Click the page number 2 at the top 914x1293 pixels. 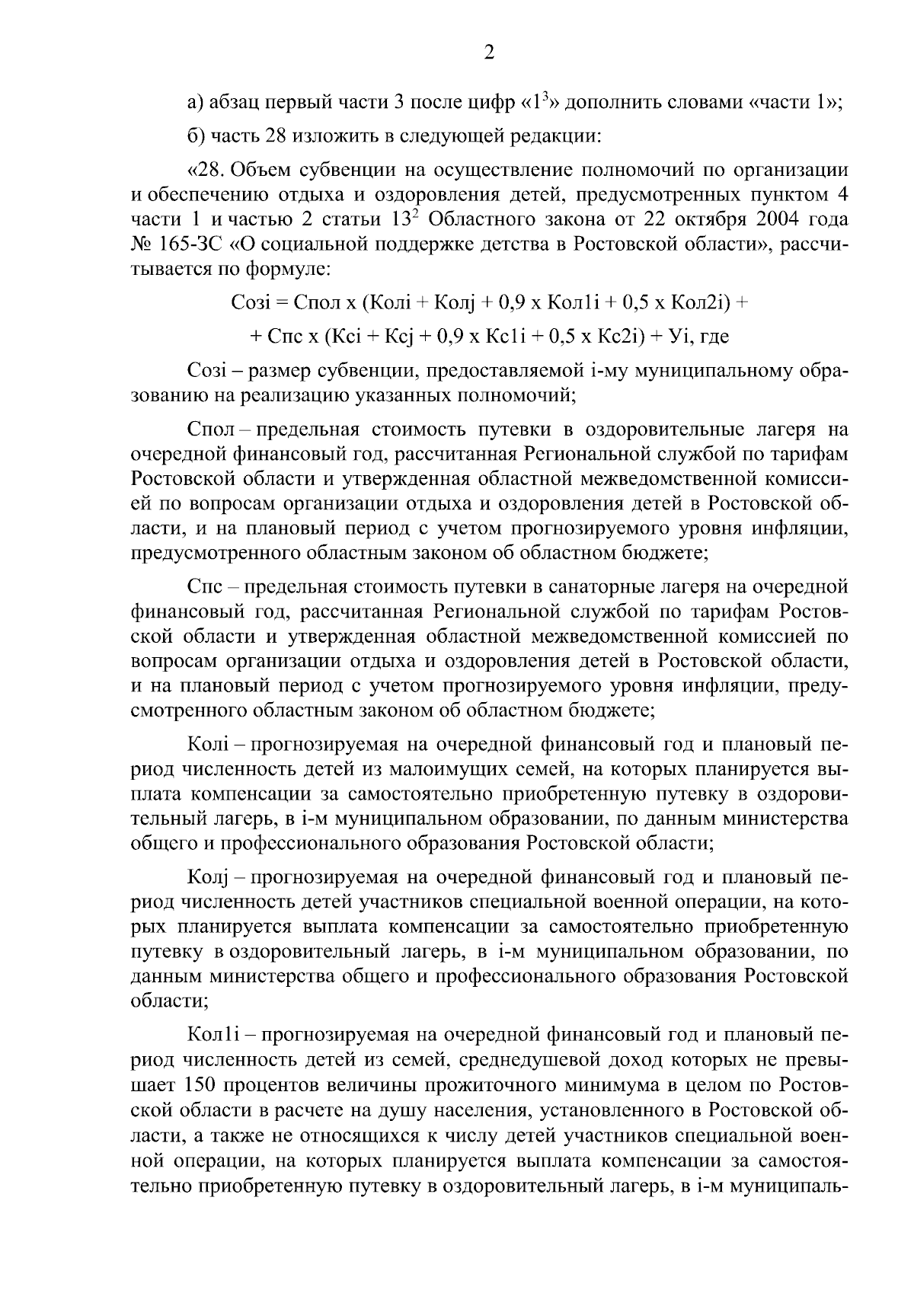point(490,53)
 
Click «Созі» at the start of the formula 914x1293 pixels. point(250,303)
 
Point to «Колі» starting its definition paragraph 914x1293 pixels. point(208,744)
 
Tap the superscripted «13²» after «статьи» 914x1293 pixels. point(404,219)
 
